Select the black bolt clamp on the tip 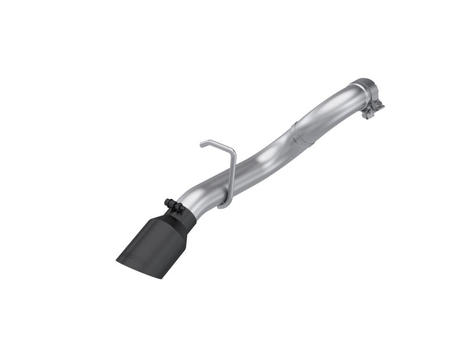click(171, 203)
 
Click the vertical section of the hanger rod click(231, 177)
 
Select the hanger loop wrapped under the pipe click(224, 205)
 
